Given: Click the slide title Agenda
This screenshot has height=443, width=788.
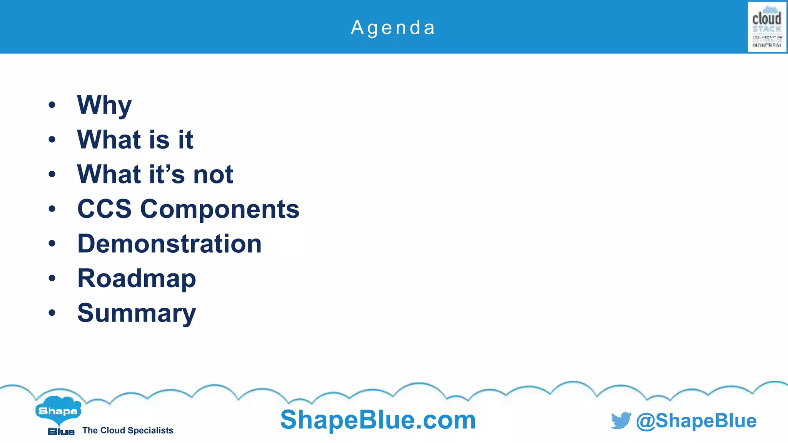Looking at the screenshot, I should click(x=393, y=28).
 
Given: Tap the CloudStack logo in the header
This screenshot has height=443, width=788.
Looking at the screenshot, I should click(x=767, y=27).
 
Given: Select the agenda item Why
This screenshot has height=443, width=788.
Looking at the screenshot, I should click(x=104, y=105).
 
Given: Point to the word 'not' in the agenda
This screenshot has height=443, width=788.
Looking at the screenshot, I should click(x=213, y=174).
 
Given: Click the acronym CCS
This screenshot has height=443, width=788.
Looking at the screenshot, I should click(x=104, y=209).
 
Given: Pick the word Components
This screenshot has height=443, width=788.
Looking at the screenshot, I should click(x=220, y=210).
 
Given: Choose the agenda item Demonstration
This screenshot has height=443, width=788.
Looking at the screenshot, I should click(x=169, y=244).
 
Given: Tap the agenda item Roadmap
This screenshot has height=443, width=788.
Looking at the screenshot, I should click(x=137, y=278).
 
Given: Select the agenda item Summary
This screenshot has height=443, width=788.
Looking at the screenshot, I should click(x=137, y=313).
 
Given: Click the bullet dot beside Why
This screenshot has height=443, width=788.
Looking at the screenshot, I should click(x=52, y=105).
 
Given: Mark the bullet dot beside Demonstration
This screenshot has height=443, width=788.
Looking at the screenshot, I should click(x=52, y=243).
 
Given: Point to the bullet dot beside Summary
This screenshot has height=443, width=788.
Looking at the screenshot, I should click(x=52, y=313).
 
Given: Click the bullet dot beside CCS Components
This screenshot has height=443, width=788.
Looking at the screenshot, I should click(x=52, y=209).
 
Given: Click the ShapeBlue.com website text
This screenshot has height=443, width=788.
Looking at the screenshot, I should click(x=378, y=420).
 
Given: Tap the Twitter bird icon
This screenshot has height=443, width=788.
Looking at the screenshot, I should click(x=621, y=420).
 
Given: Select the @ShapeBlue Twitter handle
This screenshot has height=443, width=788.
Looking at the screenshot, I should click(x=696, y=421).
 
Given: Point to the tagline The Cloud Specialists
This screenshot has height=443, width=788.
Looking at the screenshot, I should click(x=128, y=430).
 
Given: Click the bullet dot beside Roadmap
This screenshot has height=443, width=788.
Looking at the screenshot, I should click(x=52, y=278).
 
